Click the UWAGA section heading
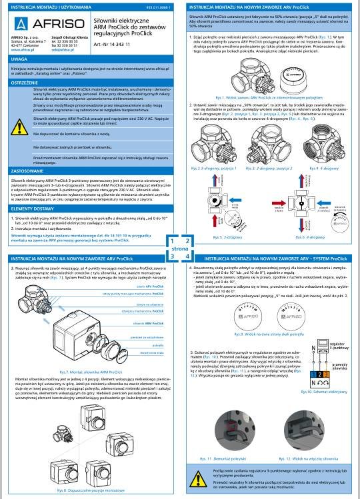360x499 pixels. pyautogui.click(x=14, y=59)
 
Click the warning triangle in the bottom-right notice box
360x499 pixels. pyautogui.click(x=199, y=479)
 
